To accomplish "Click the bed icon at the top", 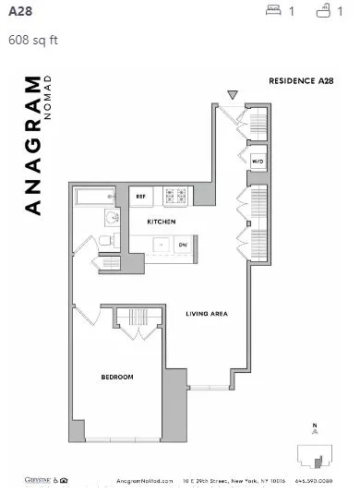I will (273, 11).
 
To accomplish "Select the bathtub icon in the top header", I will (323, 11).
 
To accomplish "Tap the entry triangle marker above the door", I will (233, 94).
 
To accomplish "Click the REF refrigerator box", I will (141, 196).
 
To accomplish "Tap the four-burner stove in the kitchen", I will (174, 196).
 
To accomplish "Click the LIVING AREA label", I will (206, 314).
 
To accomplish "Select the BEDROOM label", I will (117, 377).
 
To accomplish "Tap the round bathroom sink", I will (111, 218).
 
